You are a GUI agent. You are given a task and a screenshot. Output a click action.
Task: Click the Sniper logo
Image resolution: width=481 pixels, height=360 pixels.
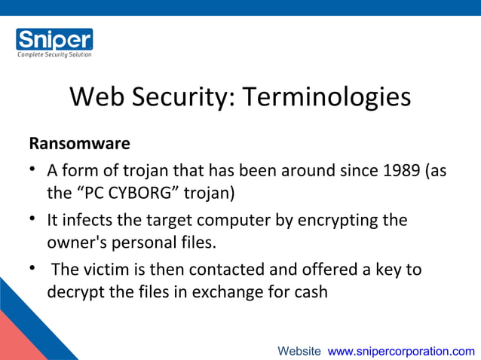(54, 39)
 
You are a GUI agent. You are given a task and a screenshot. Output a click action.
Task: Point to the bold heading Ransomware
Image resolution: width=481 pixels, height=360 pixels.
(79, 143)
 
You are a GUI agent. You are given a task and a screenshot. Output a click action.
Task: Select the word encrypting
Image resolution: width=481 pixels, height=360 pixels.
(336, 221)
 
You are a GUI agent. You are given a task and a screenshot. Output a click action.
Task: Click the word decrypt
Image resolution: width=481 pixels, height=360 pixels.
(76, 292)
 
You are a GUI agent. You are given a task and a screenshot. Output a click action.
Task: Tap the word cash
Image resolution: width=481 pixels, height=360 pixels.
(311, 292)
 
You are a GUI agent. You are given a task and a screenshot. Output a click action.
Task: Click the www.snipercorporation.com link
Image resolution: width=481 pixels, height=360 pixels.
(402, 351)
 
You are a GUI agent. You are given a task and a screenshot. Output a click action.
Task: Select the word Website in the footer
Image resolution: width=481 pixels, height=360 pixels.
(299, 351)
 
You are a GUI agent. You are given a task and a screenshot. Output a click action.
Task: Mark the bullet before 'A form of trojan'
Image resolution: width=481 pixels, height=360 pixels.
(34, 171)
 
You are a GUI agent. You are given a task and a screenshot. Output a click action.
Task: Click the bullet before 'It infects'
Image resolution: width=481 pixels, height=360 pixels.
(34, 221)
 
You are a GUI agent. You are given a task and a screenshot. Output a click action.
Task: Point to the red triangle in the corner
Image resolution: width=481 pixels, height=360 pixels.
(14, 339)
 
